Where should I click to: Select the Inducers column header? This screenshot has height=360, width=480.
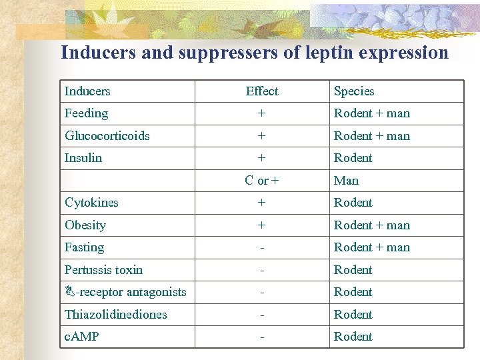point(87,91)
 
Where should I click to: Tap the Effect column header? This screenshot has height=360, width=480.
point(262,91)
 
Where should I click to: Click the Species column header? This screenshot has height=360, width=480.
point(354,91)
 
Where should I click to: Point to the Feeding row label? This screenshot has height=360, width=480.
point(86,113)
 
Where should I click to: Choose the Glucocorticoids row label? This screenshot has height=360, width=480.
point(107,136)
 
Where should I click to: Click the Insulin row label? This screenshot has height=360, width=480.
point(83,158)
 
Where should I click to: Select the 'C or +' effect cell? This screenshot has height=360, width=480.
point(262,181)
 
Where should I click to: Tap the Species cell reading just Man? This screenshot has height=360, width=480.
point(346,181)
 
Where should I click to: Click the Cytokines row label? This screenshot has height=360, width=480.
point(91,203)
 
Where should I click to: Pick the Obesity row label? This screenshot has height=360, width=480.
point(85,225)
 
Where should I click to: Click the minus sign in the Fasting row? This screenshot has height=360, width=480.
point(262,247)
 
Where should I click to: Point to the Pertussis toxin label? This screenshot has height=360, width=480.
point(103,270)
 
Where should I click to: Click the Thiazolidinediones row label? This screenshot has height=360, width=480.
point(115,315)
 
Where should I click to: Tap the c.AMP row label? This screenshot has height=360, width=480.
point(81,337)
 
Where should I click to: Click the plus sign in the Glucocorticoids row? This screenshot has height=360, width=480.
point(262,136)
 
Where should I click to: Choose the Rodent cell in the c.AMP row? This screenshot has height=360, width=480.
point(353,337)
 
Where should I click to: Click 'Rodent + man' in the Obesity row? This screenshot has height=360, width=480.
point(372,225)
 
